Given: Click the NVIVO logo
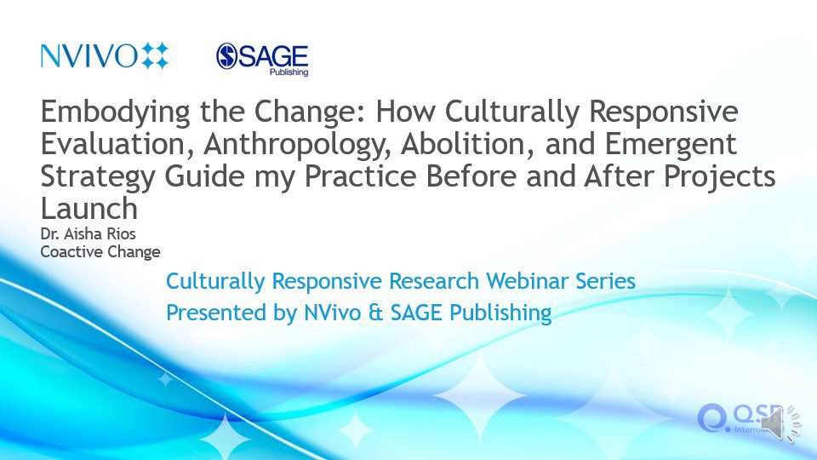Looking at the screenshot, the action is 105,55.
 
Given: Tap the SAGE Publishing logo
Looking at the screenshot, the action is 262,60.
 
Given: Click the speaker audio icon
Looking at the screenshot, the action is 780,423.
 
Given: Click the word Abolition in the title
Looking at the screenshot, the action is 467,143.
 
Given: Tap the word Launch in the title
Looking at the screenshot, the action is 89,209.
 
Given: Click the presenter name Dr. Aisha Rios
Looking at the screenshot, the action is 88,233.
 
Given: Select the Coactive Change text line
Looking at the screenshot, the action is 100,252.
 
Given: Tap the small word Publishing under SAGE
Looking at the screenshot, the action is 289,72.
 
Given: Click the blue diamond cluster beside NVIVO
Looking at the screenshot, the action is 155,55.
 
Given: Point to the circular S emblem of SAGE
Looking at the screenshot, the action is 227,56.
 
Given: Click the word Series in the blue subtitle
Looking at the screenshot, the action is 605,281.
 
